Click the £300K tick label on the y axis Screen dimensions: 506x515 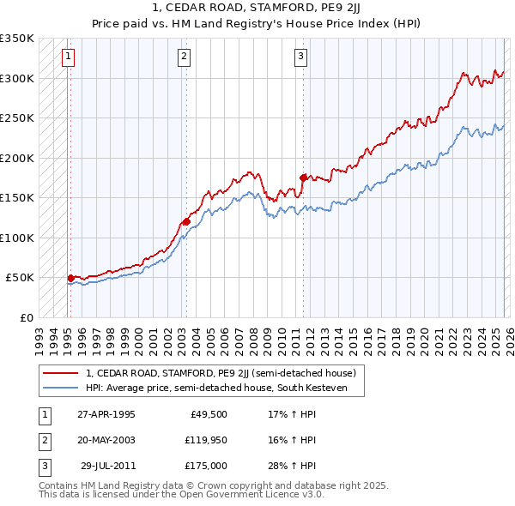click(17, 78)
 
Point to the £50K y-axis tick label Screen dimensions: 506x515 click(21, 278)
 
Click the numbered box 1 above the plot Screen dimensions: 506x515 click(68, 57)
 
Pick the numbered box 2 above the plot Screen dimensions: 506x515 click(185, 57)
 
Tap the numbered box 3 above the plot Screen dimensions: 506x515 click(301, 57)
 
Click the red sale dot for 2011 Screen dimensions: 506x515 click(303, 178)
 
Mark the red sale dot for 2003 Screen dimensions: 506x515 click(186, 221)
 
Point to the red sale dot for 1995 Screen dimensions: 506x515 click(70, 278)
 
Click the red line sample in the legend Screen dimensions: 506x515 click(60, 373)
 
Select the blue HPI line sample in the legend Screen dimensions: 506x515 click(60, 388)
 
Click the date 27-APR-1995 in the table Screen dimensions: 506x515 click(106, 414)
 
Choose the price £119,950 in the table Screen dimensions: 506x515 click(205, 440)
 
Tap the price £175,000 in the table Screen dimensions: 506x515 click(205, 466)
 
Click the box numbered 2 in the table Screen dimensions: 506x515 click(42, 440)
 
